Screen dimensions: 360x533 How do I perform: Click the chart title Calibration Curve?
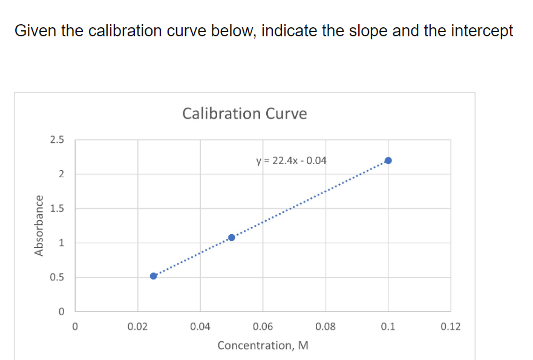click(x=244, y=114)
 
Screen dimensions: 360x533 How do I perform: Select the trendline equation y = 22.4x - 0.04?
click(x=292, y=161)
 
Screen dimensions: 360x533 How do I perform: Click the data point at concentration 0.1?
click(x=388, y=160)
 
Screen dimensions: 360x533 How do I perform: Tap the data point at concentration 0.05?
click(x=231, y=237)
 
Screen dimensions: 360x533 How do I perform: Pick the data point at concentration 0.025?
click(x=153, y=276)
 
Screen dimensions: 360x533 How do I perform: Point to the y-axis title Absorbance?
click(x=40, y=226)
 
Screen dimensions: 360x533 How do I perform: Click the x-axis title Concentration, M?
click(x=263, y=345)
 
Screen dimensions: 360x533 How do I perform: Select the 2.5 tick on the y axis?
click(x=57, y=140)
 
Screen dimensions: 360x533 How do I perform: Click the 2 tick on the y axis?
click(x=60, y=175)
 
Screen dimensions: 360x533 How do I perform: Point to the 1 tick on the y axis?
click(x=60, y=243)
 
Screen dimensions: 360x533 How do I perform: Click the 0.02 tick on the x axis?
click(x=137, y=327)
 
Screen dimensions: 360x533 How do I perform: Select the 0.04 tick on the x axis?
click(x=200, y=327)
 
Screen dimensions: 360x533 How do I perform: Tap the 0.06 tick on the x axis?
click(x=263, y=327)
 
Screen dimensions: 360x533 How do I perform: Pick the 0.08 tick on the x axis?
click(x=325, y=327)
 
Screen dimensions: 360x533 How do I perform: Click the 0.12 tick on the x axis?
click(x=451, y=327)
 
